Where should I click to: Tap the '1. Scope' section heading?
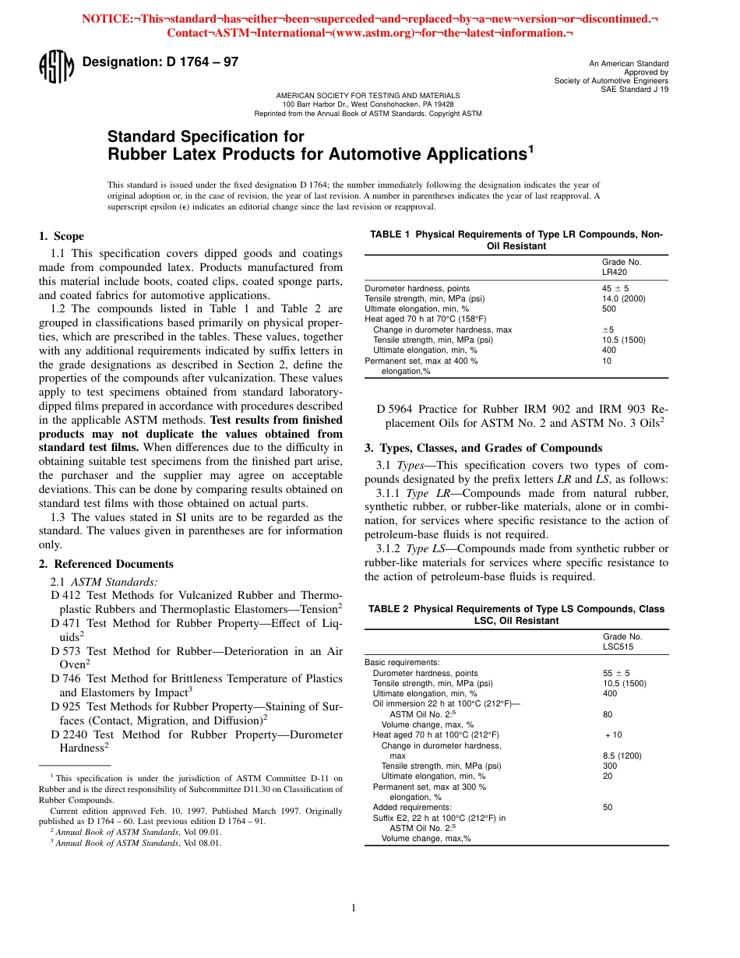62,236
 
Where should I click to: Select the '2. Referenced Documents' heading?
106,564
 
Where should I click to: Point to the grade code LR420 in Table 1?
615,273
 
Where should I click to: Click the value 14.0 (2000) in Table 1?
624,298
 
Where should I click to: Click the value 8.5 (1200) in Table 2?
623,755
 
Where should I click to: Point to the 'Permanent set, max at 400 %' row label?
421,361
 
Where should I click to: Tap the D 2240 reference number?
69,734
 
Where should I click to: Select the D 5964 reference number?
395,409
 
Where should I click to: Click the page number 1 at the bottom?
354,907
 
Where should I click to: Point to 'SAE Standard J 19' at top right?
634,89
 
